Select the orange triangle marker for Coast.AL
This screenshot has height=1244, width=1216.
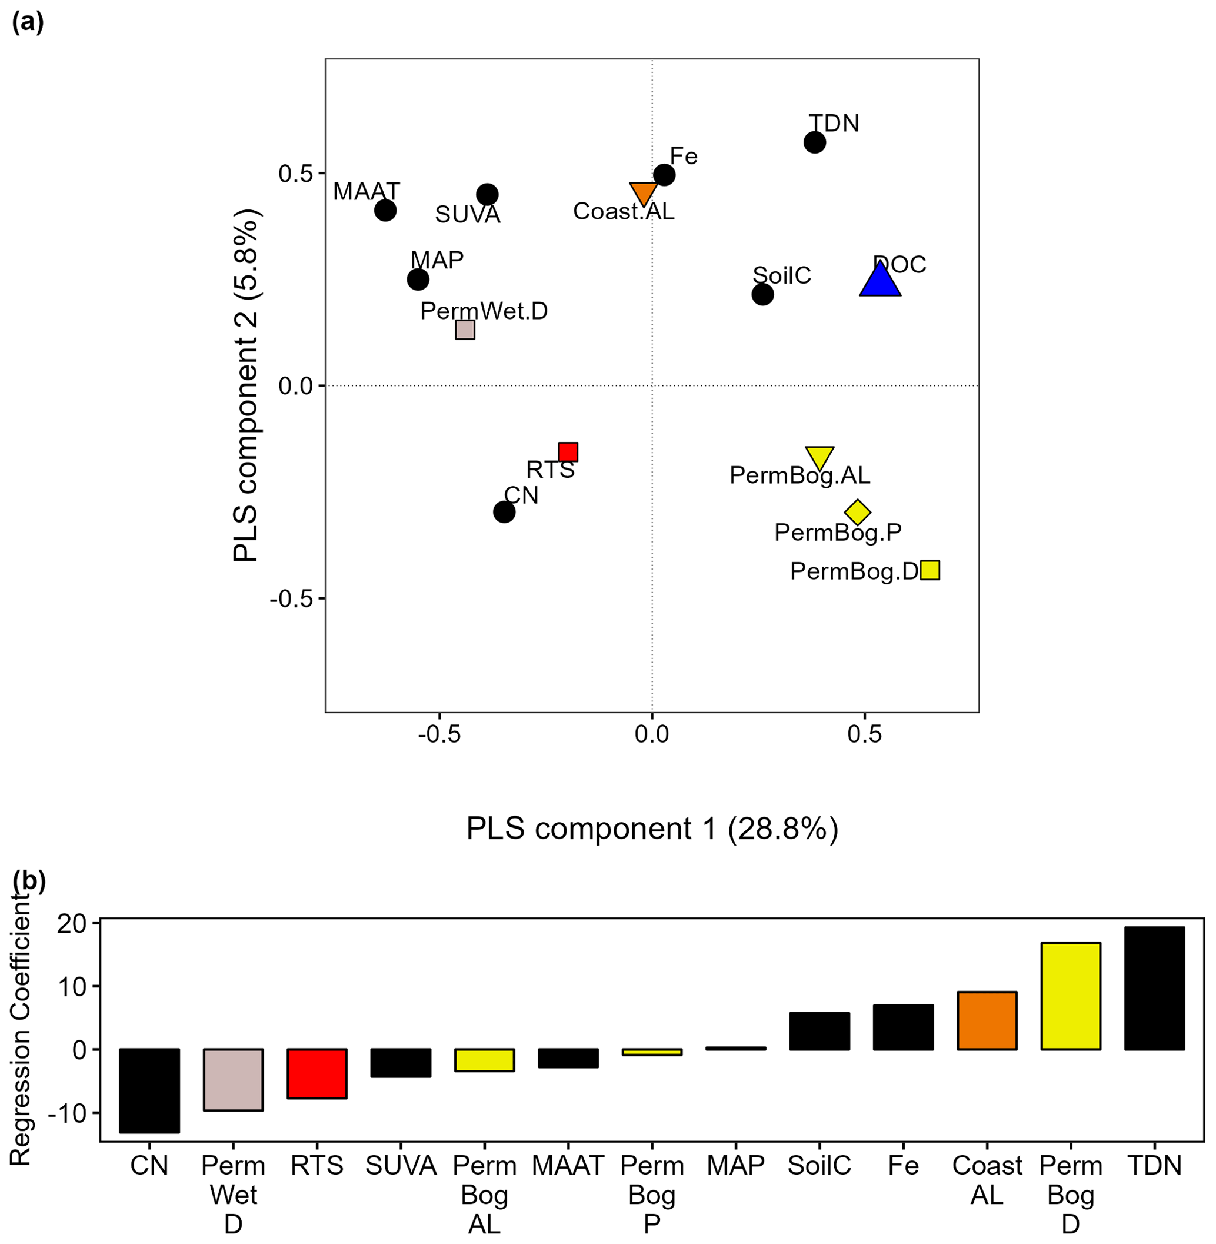pos(643,193)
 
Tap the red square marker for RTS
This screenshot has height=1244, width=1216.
pos(568,452)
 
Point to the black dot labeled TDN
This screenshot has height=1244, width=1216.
pos(814,142)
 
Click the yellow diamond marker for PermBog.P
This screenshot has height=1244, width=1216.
pos(857,511)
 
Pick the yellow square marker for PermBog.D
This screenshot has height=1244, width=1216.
pos(930,570)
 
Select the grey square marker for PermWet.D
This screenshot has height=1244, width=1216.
pos(465,330)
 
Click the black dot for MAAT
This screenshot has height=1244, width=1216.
pos(385,210)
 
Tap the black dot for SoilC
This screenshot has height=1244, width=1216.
pos(762,295)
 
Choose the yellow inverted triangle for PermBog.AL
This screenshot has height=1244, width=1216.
pos(819,456)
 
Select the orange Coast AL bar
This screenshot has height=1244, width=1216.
pos(987,1020)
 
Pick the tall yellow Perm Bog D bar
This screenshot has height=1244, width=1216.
pos(1070,996)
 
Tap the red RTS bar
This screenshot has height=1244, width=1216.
pos(317,1073)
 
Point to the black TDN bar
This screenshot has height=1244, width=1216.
pos(1154,989)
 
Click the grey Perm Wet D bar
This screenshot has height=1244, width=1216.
pos(233,1080)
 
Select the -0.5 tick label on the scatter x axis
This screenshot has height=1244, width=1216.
pos(439,735)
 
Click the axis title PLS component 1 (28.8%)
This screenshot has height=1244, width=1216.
pos(651,829)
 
